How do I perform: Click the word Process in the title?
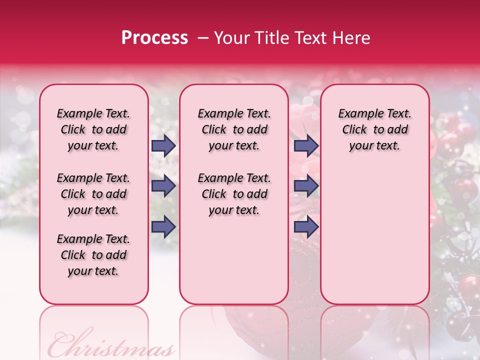coord(154,38)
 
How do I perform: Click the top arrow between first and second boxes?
coord(163,146)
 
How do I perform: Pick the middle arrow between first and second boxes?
coord(163,186)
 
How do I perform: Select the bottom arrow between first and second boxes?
coord(163,227)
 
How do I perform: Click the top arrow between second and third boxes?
coord(306,146)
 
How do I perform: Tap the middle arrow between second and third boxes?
coord(306,186)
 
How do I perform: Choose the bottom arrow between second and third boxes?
coord(306,227)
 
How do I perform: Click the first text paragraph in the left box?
coord(93,129)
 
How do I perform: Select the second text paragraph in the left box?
coord(93,194)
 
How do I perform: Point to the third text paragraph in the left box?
coord(93,255)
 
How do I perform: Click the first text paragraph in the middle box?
coord(234,129)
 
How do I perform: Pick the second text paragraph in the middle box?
coord(234,194)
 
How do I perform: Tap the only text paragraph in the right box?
coord(374,129)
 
